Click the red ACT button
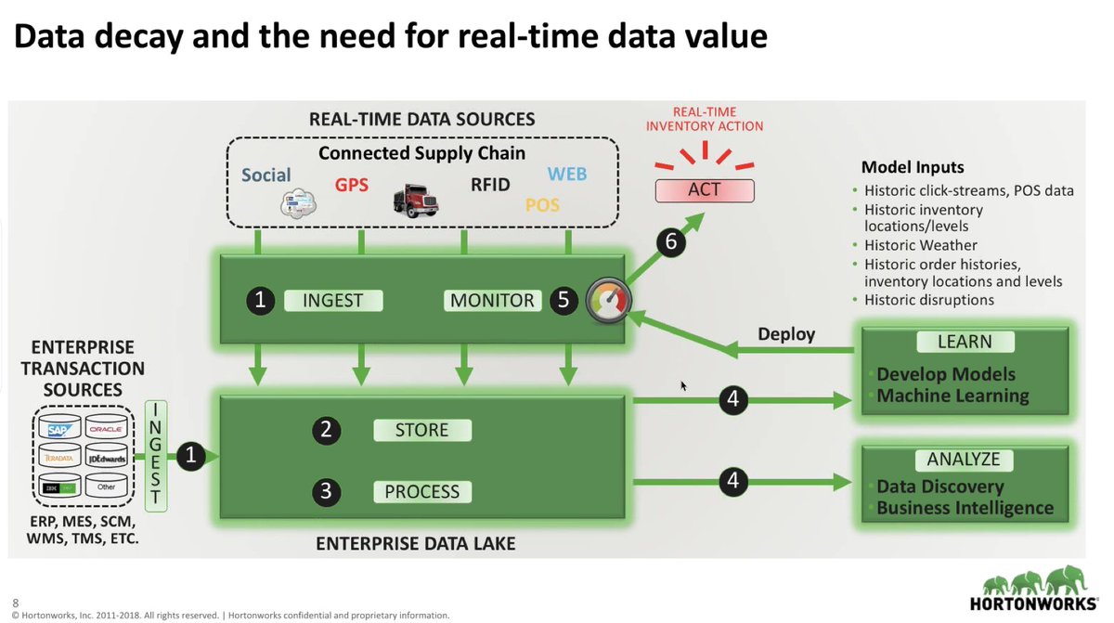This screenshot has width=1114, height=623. (705, 190)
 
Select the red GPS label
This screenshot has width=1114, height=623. (352, 184)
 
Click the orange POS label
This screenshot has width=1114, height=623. (542, 204)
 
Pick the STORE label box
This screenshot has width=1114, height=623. (422, 430)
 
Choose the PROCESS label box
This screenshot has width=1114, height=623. (422, 491)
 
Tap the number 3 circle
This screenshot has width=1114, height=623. (326, 491)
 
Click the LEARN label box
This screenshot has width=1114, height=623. (965, 342)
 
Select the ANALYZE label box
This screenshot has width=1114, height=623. (964, 459)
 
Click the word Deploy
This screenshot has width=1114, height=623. (786, 334)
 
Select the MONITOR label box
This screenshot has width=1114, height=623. (492, 300)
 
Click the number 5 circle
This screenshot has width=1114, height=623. (563, 300)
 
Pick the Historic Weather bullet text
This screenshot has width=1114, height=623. (920, 245)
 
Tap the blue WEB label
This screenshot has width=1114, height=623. (566, 174)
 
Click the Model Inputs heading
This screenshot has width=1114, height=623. (913, 168)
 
